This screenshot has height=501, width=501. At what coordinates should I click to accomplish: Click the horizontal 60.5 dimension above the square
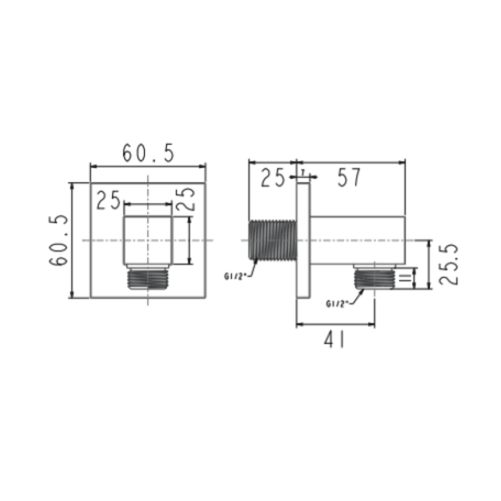click(x=148, y=152)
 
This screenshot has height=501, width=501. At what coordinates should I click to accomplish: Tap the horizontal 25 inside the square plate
click(x=109, y=201)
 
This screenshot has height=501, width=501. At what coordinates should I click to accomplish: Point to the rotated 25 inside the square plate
click(x=185, y=199)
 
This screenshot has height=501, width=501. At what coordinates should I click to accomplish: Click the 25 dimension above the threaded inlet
click(x=273, y=178)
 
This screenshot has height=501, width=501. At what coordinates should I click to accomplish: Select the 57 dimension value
click(x=349, y=178)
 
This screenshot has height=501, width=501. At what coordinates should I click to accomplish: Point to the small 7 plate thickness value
click(x=303, y=171)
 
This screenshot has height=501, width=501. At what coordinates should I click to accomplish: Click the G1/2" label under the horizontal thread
click(x=234, y=276)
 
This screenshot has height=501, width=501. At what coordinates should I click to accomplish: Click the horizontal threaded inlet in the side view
click(x=273, y=240)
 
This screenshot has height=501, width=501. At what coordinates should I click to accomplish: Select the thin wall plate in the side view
click(x=303, y=240)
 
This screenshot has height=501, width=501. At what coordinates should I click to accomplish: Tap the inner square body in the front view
click(x=148, y=240)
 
